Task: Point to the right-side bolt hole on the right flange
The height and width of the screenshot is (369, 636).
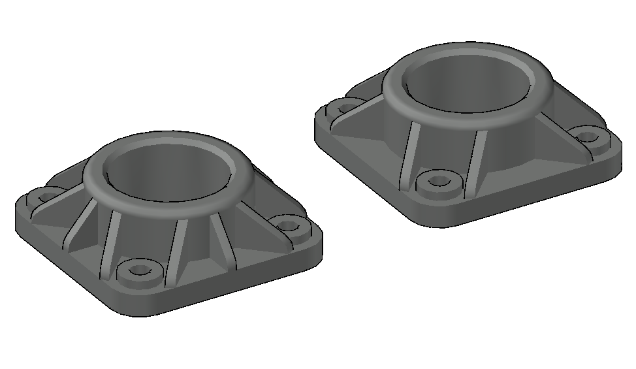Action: (590, 137)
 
